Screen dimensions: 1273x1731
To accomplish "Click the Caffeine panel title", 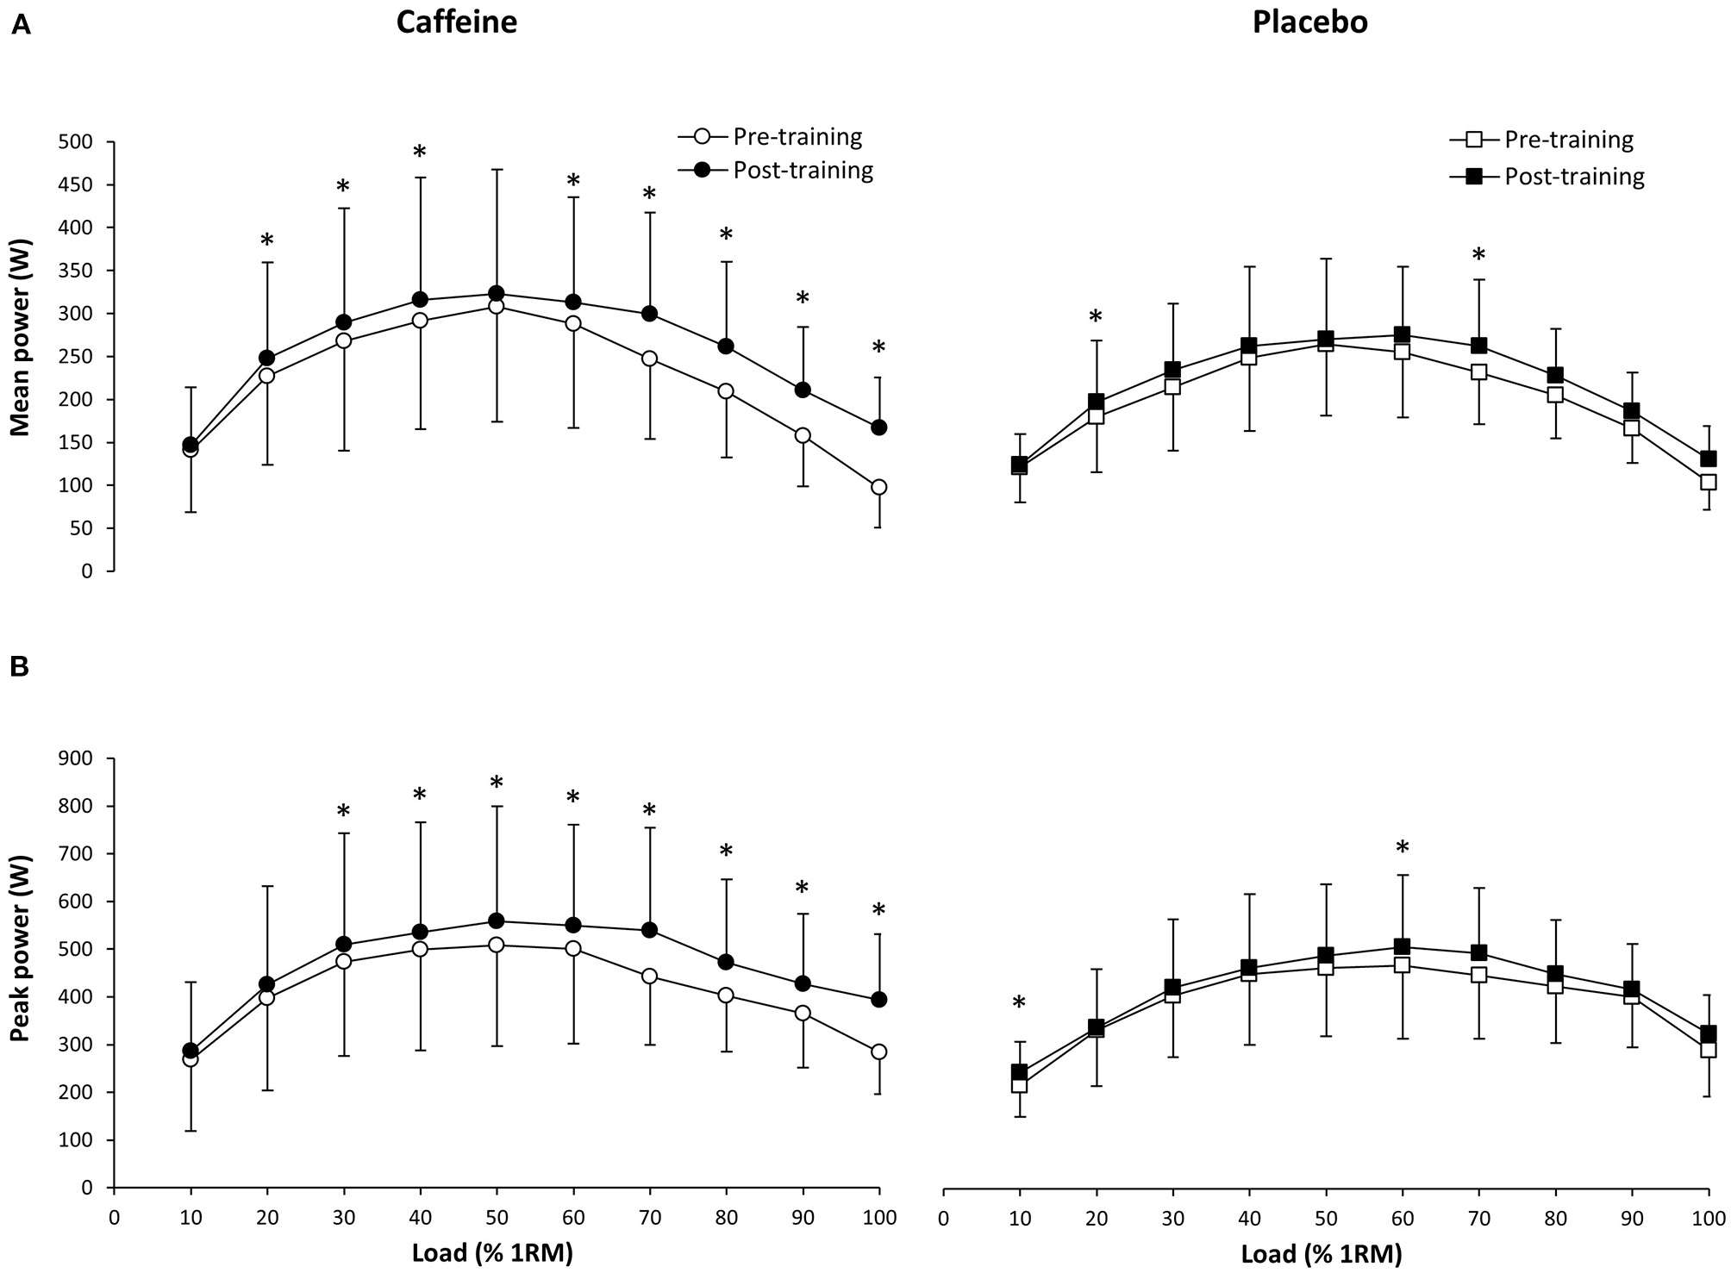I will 456,22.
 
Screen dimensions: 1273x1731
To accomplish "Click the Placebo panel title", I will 1309,22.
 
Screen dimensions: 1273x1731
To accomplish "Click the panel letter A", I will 20,26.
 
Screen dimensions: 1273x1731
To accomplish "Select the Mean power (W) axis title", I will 21,356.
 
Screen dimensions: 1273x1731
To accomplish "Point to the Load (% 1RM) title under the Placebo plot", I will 1321,1253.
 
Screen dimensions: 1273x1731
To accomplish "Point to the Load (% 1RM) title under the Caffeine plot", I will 492,1253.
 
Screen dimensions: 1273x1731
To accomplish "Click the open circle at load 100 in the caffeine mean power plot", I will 878,487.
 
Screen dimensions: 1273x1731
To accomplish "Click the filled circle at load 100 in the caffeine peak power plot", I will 878,1000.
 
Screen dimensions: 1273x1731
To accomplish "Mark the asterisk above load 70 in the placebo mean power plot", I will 1478,255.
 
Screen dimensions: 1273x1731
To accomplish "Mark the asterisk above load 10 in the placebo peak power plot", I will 1019,1003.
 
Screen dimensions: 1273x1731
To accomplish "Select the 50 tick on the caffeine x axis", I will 496,1218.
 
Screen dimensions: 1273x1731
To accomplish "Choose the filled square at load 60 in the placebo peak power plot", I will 1402,946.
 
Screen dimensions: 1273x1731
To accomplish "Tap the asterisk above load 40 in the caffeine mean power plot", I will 420,153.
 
